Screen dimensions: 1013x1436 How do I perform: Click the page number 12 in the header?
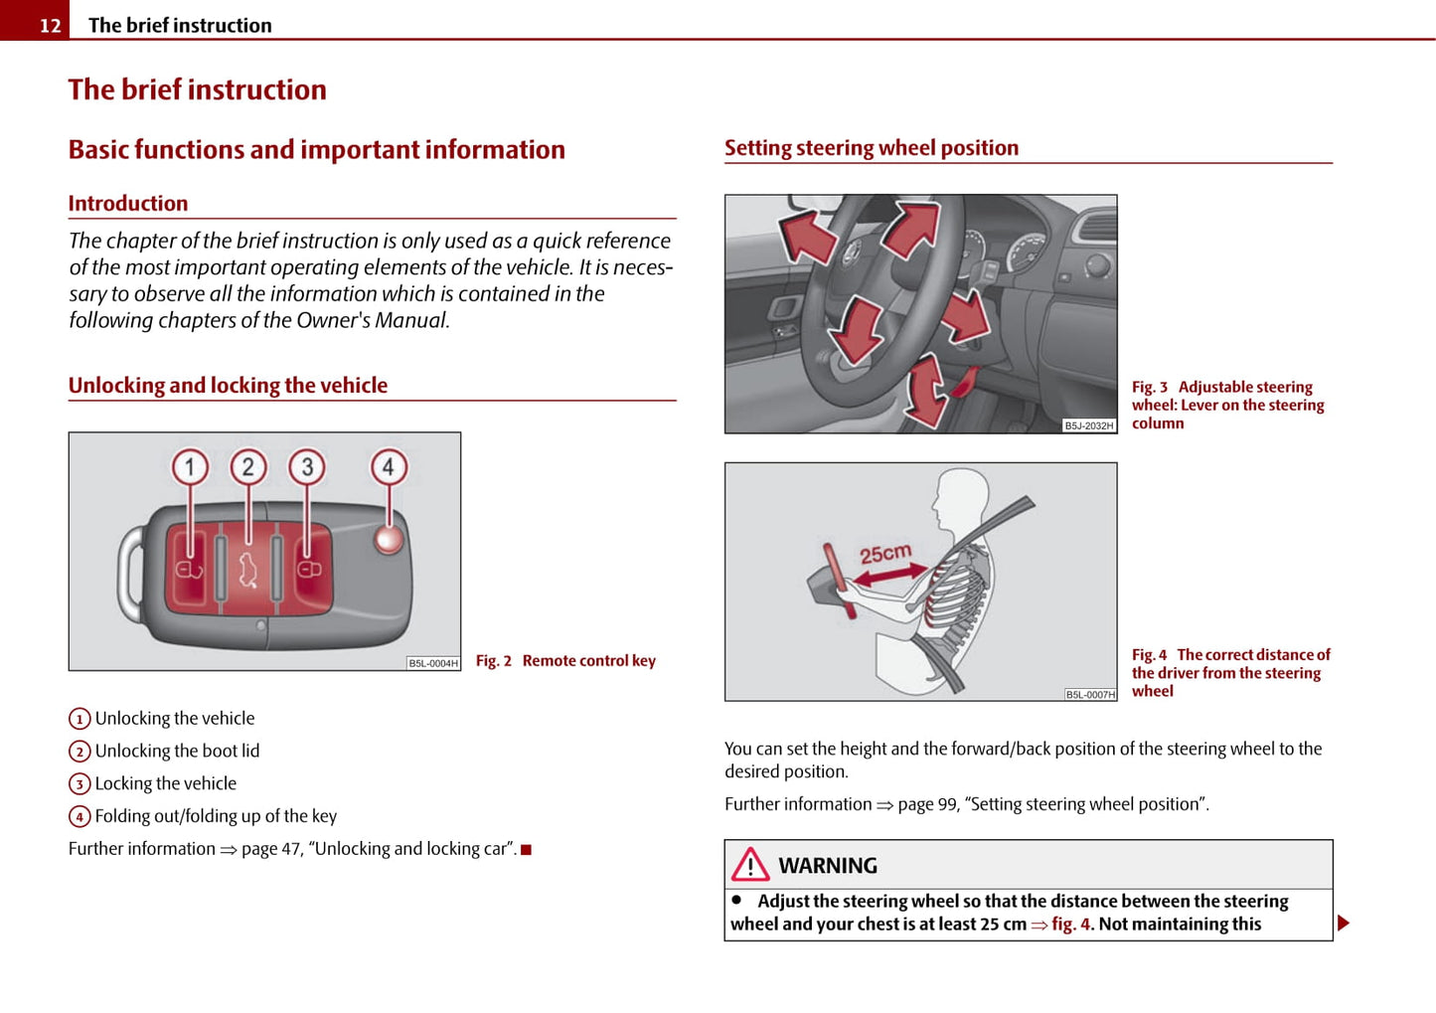pyautogui.click(x=50, y=26)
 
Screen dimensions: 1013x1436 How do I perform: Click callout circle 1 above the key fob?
pyautogui.click(x=190, y=466)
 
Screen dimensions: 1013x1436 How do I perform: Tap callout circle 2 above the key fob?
pyautogui.click(x=248, y=466)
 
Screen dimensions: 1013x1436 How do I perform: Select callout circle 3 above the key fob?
pyautogui.click(x=307, y=466)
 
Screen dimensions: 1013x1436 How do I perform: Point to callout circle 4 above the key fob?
pyautogui.click(x=389, y=466)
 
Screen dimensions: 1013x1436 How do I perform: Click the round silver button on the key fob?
pyautogui.click(x=389, y=539)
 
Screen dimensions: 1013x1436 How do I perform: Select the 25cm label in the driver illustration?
pyautogui.click(x=884, y=553)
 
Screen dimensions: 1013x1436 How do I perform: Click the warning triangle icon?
pyautogui.click(x=750, y=865)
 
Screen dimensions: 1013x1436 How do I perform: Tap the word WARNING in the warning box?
pyautogui.click(x=828, y=866)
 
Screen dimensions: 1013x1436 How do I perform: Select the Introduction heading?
pyautogui.click(x=128, y=204)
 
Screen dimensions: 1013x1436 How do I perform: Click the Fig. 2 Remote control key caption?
pyautogui.click(x=565, y=661)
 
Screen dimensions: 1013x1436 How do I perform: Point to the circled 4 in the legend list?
pyautogui.click(x=80, y=817)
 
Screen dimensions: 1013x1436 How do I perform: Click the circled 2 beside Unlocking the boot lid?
pyautogui.click(x=80, y=752)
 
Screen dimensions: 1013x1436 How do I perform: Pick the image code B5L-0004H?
pyautogui.click(x=433, y=663)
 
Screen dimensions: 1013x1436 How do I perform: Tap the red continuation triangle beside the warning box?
pyautogui.click(x=1344, y=924)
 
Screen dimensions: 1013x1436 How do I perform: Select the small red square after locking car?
pyautogui.click(x=527, y=850)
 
